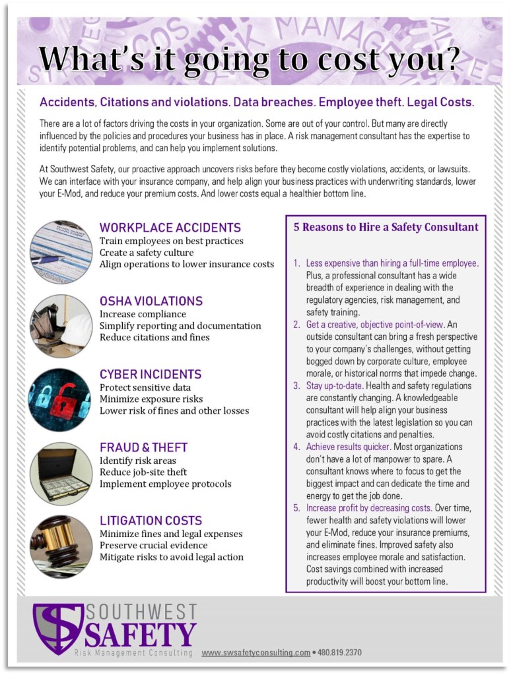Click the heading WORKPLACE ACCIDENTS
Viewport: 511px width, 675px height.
tap(170, 228)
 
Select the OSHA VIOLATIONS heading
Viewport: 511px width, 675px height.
tap(151, 301)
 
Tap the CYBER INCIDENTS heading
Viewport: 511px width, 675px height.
tap(151, 374)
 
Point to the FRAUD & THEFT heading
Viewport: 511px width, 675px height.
tap(143, 447)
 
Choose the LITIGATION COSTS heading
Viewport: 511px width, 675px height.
tap(151, 521)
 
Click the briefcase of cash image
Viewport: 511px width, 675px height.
tap(61, 473)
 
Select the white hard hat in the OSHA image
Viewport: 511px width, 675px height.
tap(77, 327)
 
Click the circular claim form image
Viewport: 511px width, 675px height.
tap(61, 252)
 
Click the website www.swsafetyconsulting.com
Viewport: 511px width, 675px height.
tap(255, 653)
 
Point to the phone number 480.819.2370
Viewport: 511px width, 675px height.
tap(339, 653)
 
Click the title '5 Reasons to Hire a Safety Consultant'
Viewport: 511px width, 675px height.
tap(386, 227)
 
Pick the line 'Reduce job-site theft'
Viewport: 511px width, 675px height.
tap(143, 472)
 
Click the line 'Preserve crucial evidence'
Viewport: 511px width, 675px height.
tap(153, 545)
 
